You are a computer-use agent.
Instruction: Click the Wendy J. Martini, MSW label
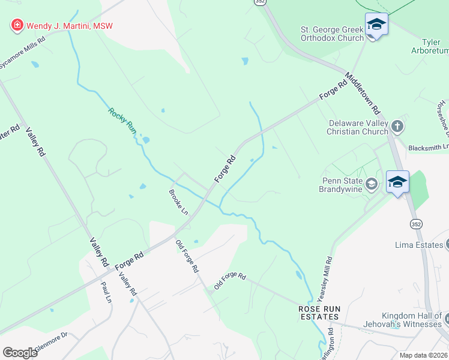68,26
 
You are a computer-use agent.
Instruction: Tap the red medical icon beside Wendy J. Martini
17,26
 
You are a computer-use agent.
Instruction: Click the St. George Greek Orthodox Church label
332,34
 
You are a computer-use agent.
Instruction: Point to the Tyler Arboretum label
435,47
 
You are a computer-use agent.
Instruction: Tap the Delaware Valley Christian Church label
357,127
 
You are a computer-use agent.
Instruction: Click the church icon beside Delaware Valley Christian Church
396,127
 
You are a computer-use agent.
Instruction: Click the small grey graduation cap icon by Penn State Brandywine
371,184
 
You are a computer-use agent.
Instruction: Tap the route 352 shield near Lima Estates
416,224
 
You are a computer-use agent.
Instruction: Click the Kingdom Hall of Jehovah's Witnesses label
412,320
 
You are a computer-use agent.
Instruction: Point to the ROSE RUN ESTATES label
320,313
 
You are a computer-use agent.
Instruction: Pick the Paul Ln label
107,292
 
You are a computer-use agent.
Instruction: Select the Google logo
20,352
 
